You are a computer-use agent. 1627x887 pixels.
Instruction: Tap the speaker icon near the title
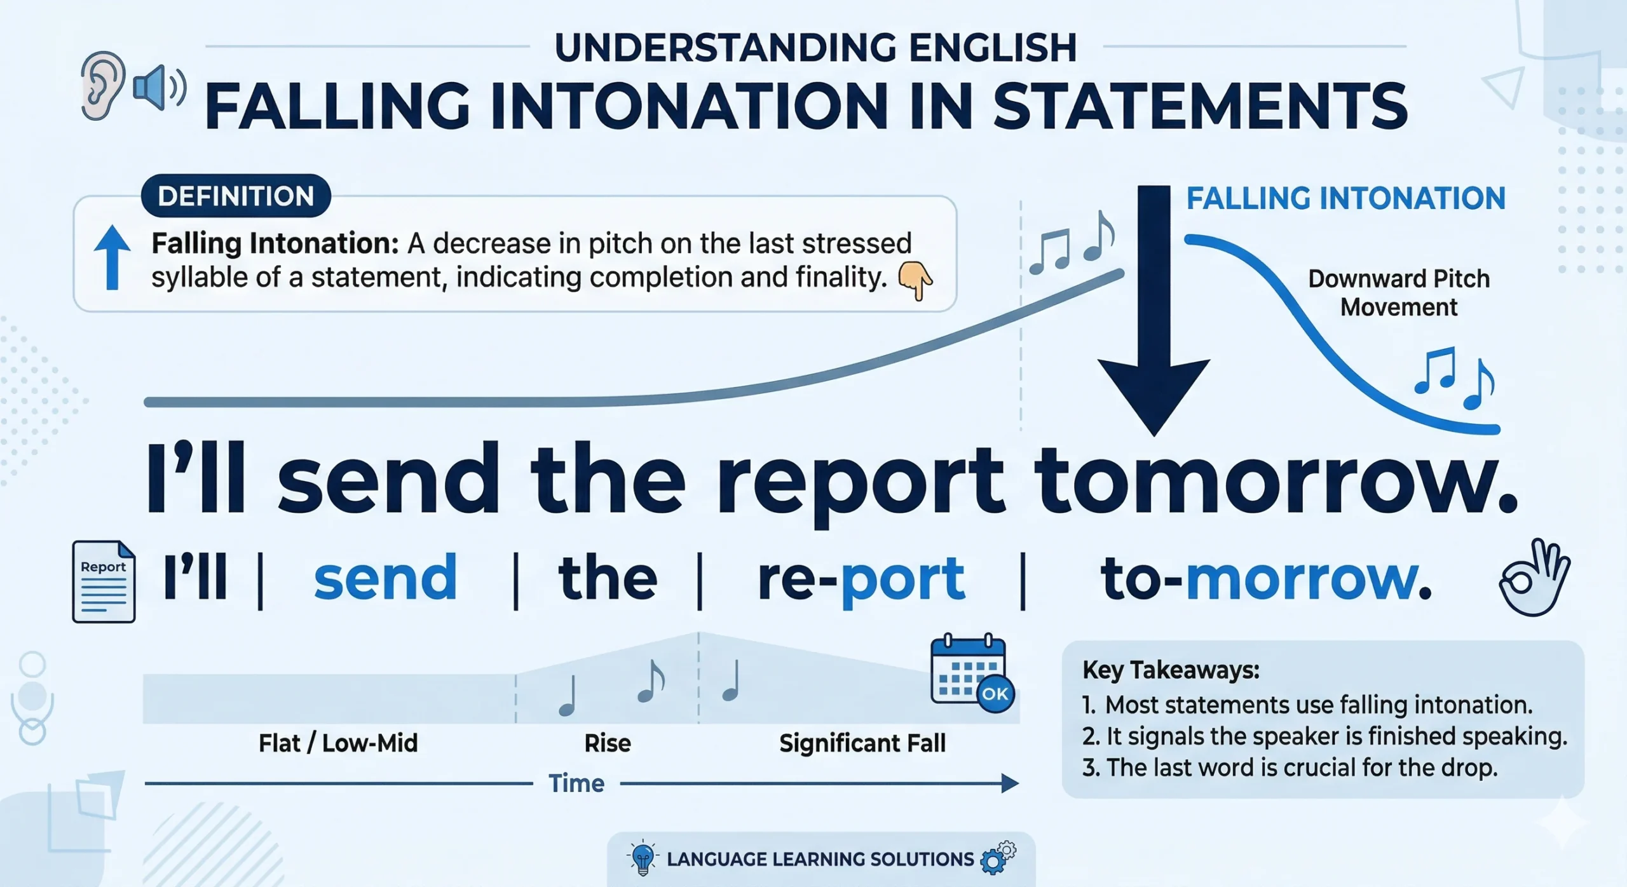pos(160,88)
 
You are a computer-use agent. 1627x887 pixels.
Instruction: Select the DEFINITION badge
pos(236,196)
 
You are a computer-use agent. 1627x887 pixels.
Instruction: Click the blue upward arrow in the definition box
pos(112,257)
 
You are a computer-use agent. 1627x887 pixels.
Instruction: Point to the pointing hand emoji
pos(915,280)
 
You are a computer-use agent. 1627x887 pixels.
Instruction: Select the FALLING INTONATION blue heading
pos(1346,198)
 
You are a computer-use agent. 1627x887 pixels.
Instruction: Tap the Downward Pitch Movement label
pos(1399,293)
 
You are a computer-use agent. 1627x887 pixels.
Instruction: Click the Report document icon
pos(104,581)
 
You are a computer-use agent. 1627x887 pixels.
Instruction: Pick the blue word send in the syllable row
pos(385,577)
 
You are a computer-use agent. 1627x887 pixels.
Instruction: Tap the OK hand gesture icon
pos(1534,577)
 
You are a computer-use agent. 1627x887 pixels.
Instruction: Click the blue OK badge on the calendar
pos(995,693)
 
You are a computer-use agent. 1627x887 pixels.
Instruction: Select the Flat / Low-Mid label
pos(338,743)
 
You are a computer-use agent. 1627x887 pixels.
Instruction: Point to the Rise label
pos(608,743)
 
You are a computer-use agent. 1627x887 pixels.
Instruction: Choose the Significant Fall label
pos(862,743)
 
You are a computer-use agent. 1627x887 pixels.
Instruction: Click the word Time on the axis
pos(576,783)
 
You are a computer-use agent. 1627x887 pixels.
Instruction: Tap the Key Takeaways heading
pos(1171,670)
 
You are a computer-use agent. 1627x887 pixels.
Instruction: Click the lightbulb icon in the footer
pos(643,858)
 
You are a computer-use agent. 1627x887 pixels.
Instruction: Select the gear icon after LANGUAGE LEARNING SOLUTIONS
pos(998,857)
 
